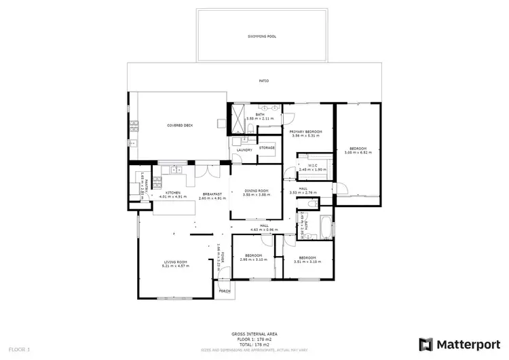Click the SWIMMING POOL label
261,36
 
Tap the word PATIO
263,81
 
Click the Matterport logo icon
425,343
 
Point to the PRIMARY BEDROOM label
305,131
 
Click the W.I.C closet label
313,164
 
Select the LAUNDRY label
244,149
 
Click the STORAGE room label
267,147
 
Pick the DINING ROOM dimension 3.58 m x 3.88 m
257,195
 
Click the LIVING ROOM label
175,262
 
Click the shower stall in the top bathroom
238,112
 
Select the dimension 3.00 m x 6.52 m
358,152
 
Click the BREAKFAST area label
212,194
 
